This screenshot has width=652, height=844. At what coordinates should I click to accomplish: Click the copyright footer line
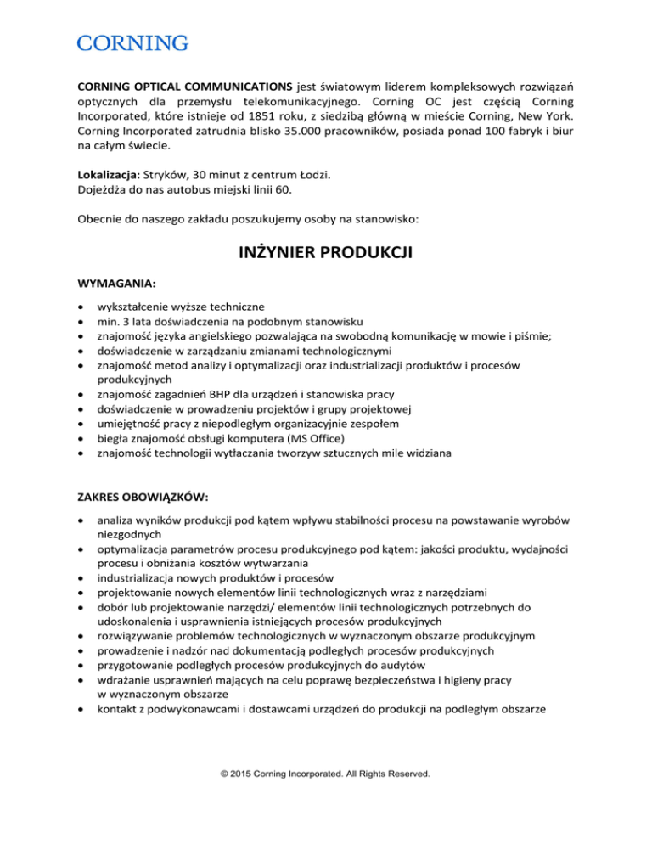click(x=326, y=774)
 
